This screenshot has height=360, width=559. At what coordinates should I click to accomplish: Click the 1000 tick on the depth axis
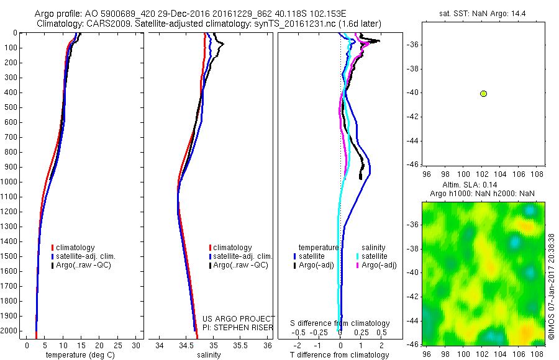point(11,182)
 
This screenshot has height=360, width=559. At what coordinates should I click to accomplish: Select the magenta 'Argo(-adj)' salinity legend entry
point(379,265)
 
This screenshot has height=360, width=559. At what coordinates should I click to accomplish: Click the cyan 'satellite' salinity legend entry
point(375,256)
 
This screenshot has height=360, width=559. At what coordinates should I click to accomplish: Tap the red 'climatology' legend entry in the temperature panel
point(75,248)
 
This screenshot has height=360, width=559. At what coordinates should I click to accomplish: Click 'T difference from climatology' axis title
point(340,355)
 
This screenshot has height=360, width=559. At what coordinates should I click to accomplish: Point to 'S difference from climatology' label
point(340,323)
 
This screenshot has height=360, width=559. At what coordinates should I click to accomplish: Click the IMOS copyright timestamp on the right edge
point(552,286)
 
